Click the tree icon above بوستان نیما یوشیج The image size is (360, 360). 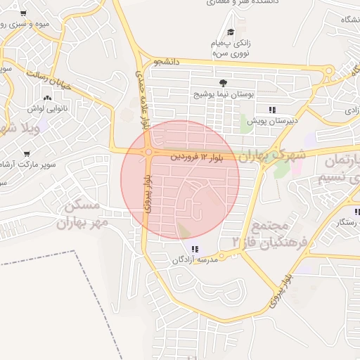coord(224,82)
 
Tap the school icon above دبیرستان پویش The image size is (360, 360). coord(272,109)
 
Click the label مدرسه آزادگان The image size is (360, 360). coord(195,259)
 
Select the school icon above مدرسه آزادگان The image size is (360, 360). coord(195,248)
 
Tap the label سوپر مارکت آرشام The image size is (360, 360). coord(31,165)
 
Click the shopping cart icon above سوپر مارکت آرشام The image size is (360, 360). coord(27,153)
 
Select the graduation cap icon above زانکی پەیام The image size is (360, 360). coord(231,32)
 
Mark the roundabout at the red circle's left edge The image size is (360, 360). coord(150,152)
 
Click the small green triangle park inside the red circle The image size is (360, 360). coord(184,230)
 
